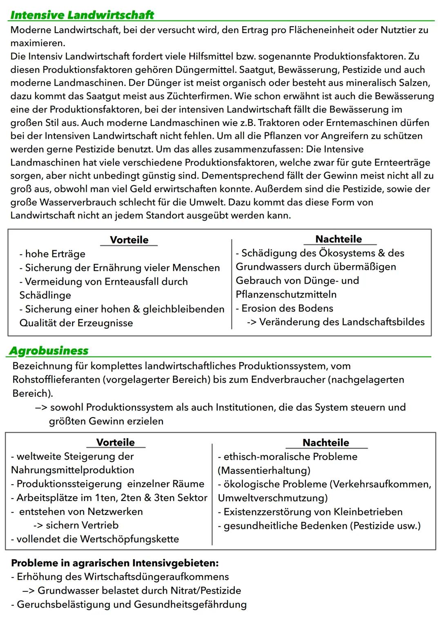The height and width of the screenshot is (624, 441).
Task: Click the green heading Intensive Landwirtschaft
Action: pyautogui.click(x=82, y=15)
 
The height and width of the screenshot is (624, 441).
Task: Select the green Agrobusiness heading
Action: pyautogui.click(x=49, y=351)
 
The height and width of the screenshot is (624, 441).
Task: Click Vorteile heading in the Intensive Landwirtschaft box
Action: pyautogui.click(x=129, y=240)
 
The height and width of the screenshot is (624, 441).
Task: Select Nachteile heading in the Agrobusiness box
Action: pyautogui.click(x=325, y=443)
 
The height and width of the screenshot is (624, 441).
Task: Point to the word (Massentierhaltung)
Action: pyautogui.click(x=264, y=470)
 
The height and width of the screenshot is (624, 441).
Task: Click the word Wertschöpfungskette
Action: pyautogui.click(x=129, y=539)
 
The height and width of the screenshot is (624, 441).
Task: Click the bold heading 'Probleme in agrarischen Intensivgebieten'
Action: pyautogui.click(x=115, y=563)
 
